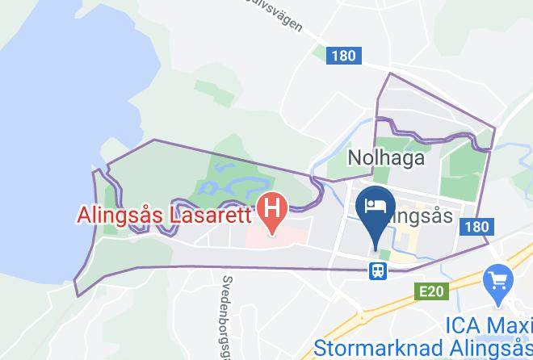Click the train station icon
tap(377, 270)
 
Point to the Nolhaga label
tap(386, 157)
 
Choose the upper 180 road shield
tap(342, 56)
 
